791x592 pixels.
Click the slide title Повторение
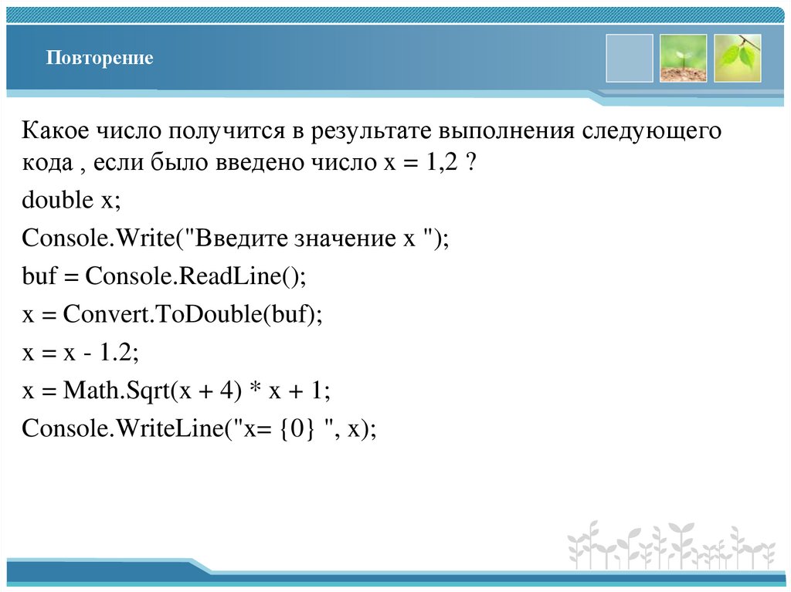(x=99, y=59)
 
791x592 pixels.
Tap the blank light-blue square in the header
(x=629, y=58)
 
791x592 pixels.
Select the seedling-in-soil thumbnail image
(x=683, y=58)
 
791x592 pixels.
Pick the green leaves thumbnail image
(x=737, y=58)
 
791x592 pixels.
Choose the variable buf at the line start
(x=38, y=275)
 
